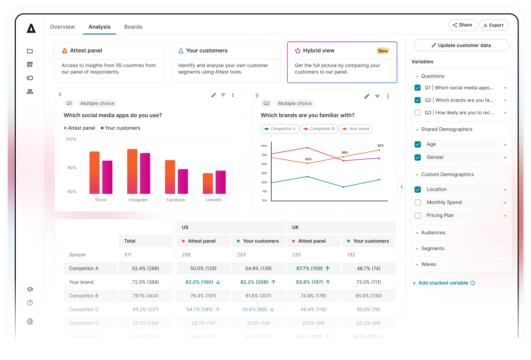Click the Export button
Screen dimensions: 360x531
coord(493,25)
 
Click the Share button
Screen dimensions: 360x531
coord(462,25)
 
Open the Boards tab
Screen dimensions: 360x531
coord(133,27)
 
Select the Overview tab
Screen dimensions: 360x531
coord(62,27)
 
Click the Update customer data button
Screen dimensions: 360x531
coord(461,45)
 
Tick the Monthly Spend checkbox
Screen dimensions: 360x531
coord(418,203)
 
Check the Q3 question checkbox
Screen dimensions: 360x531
coord(418,112)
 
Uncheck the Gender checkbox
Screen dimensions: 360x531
coord(418,157)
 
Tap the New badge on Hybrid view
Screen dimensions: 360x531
coord(383,51)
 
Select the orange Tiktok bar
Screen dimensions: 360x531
coord(95,172)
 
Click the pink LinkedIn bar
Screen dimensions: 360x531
coord(220,182)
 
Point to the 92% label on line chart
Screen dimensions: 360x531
coord(381,145)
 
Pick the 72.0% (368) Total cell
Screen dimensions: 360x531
coord(145,282)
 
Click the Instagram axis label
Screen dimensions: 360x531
coord(138,200)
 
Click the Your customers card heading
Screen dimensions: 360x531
coord(207,51)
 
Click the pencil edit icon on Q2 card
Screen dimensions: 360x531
coord(367,96)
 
